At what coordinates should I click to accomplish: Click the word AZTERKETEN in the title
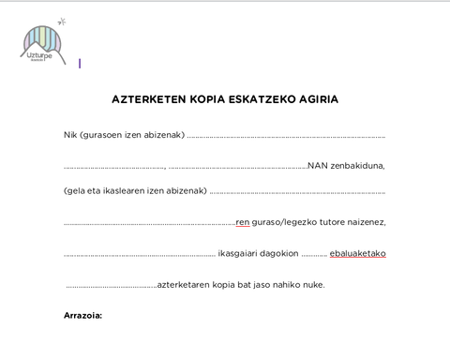pyautogui.click(x=148, y=98)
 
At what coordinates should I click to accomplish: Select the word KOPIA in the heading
pyautogui.click(x=208, y=98)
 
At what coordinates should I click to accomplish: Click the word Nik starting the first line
pyautogui.click(x=70, y=136)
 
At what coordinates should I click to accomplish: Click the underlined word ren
pyautogui.click(x=242, y=222)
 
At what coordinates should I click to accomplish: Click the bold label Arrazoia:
pyautogui.click(x=82, y=315)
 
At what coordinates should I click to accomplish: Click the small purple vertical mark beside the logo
pyautogui.click(x=80, y=64)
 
